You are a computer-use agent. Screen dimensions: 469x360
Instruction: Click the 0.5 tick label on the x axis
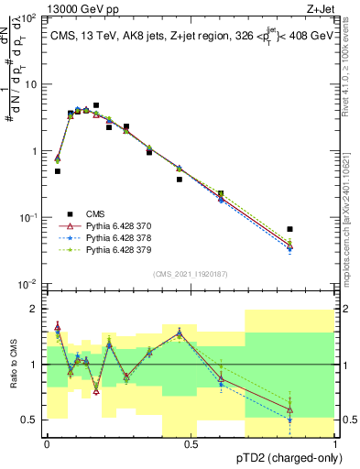click(x=191, y=443)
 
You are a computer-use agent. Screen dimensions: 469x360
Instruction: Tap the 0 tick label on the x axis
click(x=47, y=443)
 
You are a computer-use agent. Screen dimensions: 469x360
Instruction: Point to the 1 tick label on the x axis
click(x=336, y=443)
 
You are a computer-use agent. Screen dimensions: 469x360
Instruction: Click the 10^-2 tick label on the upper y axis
click(x=25, y=284)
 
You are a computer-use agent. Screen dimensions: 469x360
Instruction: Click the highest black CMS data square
click(x=96, y=105)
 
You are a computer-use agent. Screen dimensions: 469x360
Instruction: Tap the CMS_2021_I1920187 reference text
click(x=190, y=274)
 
